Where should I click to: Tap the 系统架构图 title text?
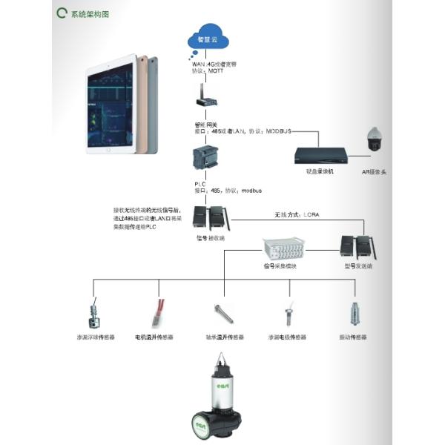tap(90, 15)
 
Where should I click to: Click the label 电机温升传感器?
tap(154, 337)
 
